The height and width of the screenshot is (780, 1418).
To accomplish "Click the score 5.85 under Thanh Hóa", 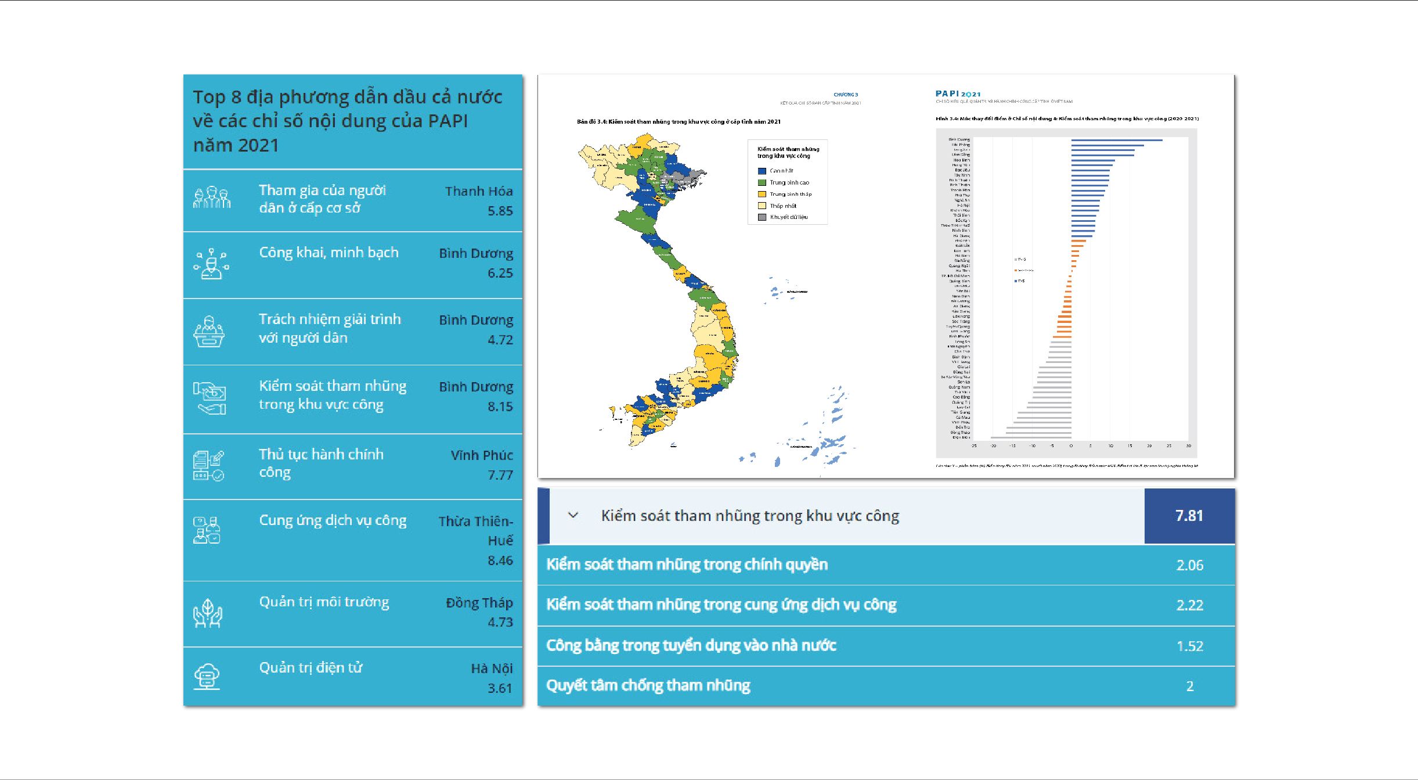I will coord(500,211).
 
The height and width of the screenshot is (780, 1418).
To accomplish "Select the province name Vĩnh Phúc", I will coord(482,455).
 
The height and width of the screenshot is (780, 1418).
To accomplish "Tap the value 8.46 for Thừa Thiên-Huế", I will coord(500,560).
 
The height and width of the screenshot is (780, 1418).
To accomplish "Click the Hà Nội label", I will coord(492,668).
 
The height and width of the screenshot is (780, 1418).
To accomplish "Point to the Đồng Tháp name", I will coord(479,603).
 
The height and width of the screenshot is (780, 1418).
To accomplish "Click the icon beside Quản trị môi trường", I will coord(208,613).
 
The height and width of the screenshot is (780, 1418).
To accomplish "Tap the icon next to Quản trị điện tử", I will coord(208,676).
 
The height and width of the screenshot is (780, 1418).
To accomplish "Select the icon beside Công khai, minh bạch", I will coord(211,264).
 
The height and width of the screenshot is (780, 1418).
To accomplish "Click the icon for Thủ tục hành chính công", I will coord(208,466).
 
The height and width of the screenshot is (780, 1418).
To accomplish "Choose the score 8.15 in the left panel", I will coord(500,407).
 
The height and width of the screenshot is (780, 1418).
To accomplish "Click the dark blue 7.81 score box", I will coord(1189,516).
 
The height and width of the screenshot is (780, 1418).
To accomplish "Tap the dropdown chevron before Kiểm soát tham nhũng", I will coord(573,515).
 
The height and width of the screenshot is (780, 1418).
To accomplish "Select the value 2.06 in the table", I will coord(1189,565).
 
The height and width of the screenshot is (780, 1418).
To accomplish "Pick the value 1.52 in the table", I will coord(1189,646).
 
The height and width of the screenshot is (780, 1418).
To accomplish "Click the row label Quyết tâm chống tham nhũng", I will coord(648,686).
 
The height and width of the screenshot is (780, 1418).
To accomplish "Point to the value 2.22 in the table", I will coord(1189,605).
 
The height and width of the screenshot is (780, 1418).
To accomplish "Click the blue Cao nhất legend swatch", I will coord(762,171).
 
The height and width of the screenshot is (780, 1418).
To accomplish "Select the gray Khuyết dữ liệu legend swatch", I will coord(762,217).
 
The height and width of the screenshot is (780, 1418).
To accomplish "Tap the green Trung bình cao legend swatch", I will coord(762,183).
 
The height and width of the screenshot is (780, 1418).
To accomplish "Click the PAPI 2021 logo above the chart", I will coord(958,94).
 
